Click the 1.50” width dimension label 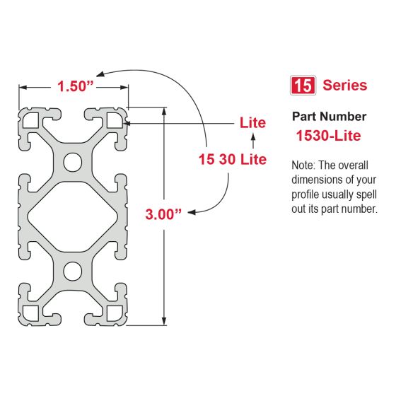(74, 86)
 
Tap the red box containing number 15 (303, 86)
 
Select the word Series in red (344, 86)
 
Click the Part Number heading (329, 116)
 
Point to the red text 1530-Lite (330, 134)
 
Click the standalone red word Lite (252, 123)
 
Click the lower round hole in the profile (73, 270)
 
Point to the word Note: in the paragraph (304, 165)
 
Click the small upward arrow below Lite (252, 144)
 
